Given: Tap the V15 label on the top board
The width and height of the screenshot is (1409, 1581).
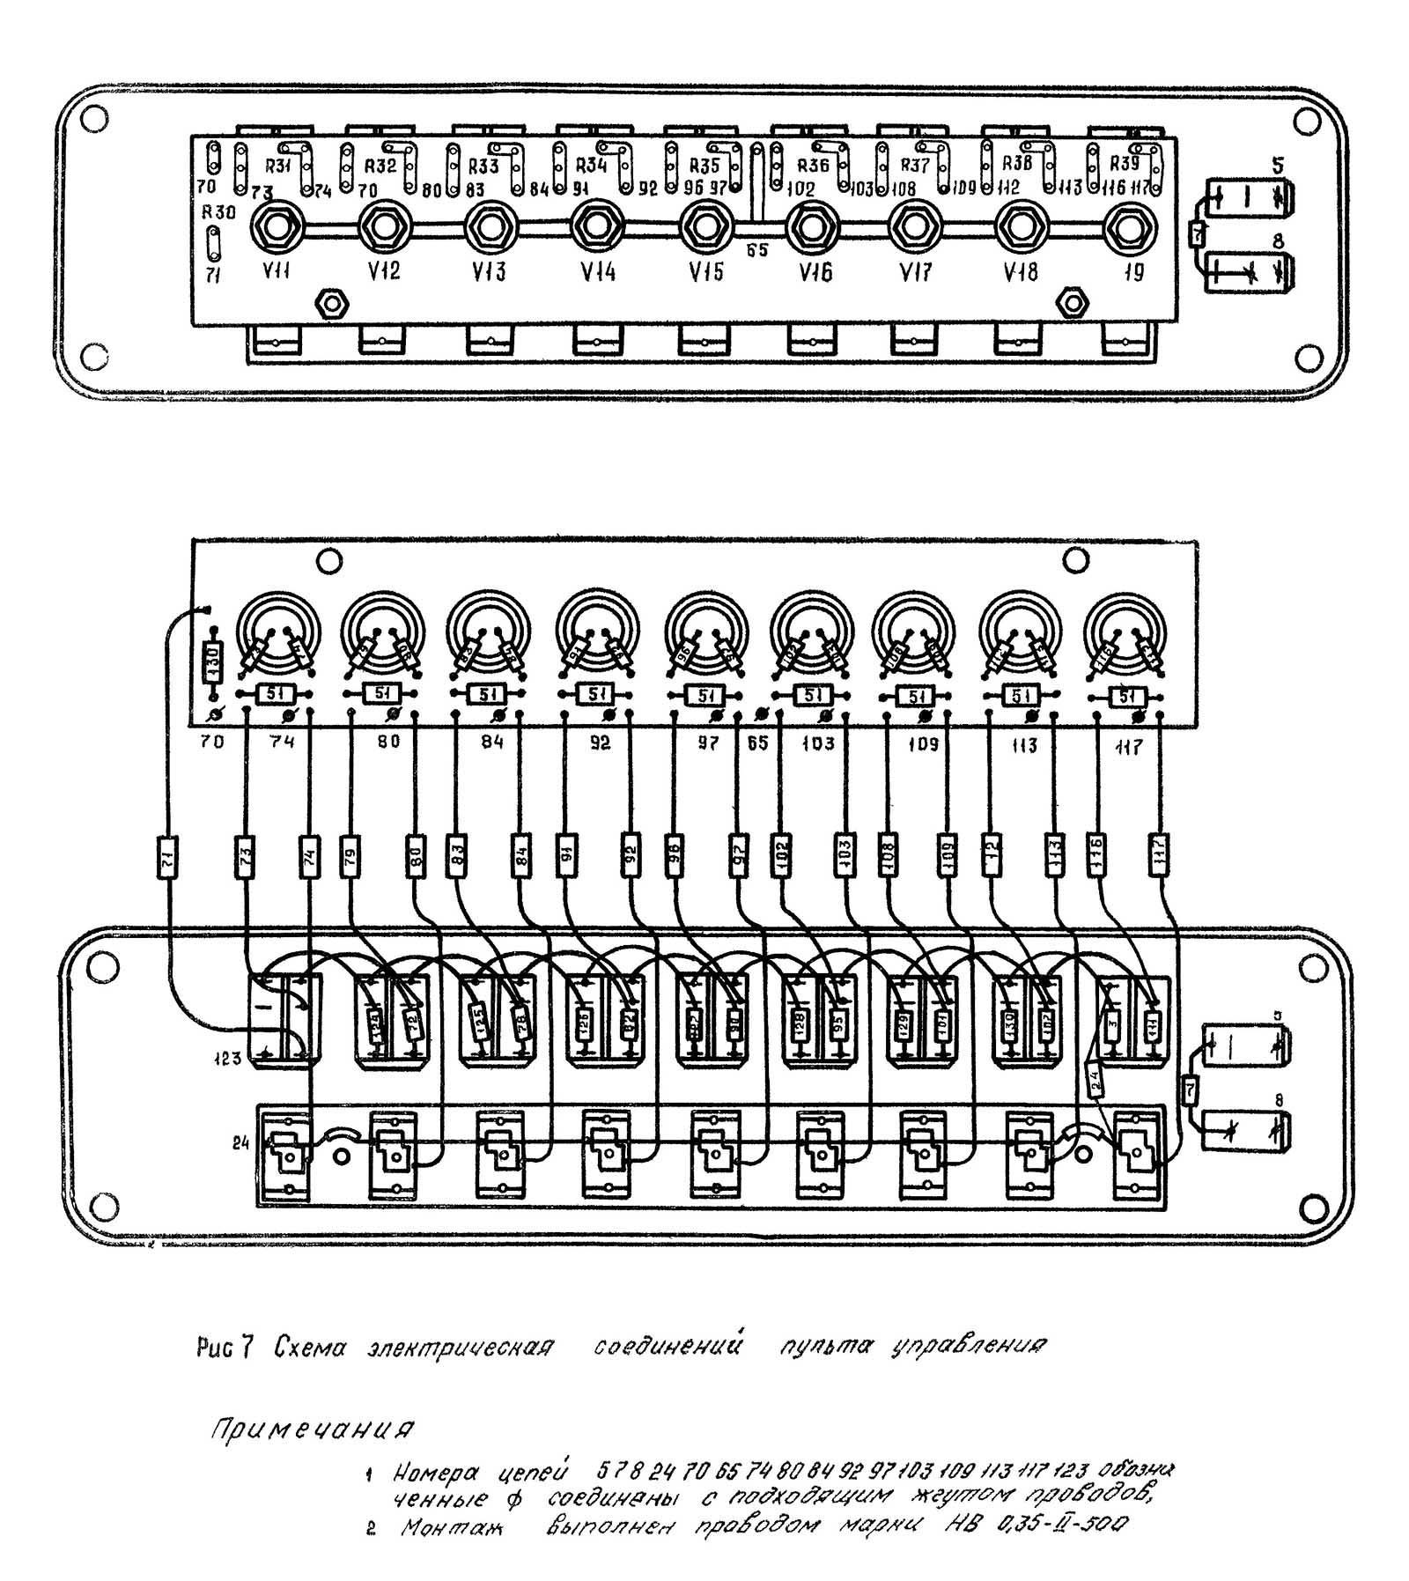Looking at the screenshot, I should click(705, 271).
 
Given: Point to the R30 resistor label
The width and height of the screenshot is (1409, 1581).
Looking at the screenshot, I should click(218, 212).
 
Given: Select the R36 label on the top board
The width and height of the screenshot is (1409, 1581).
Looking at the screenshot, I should click(813, 166).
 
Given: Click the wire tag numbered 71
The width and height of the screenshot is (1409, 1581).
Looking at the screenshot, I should click(167, 854).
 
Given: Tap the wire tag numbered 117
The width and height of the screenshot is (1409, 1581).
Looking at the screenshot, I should click(1159, 854).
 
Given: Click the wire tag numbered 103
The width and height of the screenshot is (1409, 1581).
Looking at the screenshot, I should click(843, 854).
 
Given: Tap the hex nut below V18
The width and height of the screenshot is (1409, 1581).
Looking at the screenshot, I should click(1072, 302).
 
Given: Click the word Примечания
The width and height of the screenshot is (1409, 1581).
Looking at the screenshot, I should click(312, 1428).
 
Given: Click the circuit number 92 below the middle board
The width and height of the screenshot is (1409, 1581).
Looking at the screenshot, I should click(599, 742).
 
